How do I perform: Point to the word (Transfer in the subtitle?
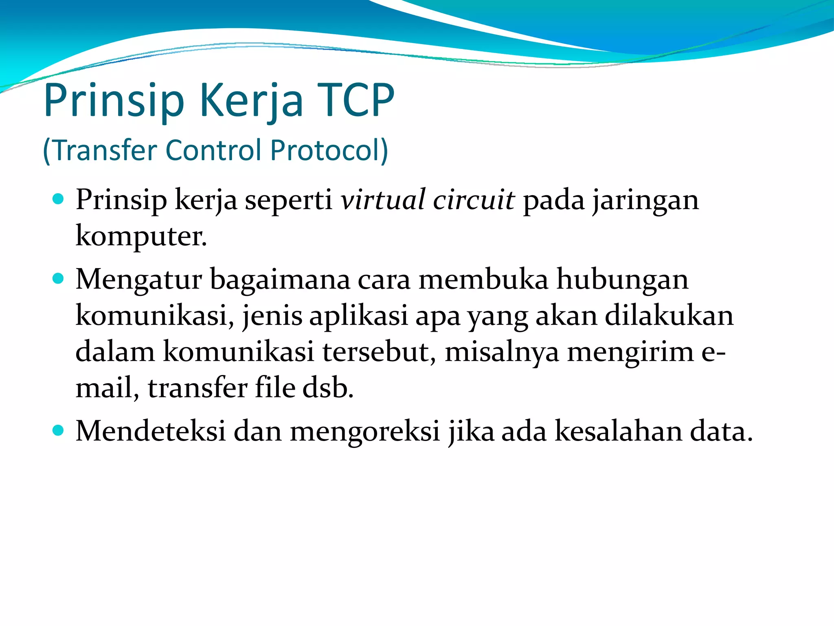(x=100, y=150)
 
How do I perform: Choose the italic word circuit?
(x=474, y=200)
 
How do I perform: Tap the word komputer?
(x=141, y=236)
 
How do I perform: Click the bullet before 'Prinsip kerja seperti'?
(x=59, y=199)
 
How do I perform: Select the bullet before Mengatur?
(x=59, y=279)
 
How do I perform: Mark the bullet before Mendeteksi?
(x=59, y=430)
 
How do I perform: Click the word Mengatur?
(x=139, y=280)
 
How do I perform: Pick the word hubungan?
(x=622, y=280)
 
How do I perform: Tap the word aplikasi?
(x=358, y=316)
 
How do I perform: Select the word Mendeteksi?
(x=150, y=431)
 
